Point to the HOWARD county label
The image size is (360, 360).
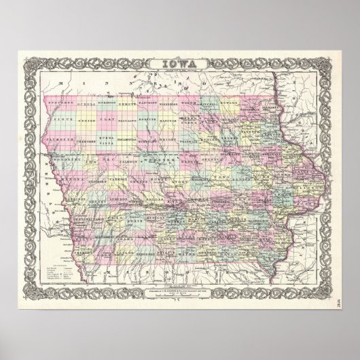coord(242,106)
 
